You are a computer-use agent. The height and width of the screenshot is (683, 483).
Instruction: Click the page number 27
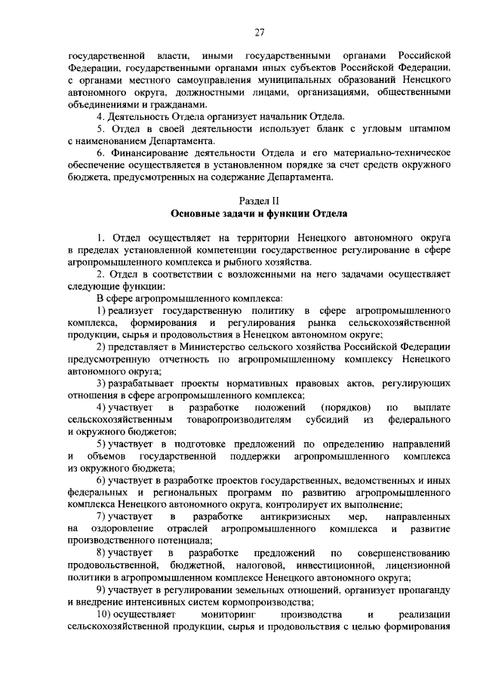pos(260,32)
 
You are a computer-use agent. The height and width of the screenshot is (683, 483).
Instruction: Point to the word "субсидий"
pos(327,420)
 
